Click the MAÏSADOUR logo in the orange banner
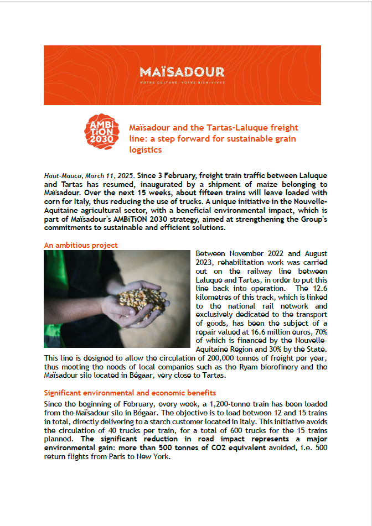(182, 72)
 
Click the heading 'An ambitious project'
(81, 245)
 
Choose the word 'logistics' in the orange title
(145, 149)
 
